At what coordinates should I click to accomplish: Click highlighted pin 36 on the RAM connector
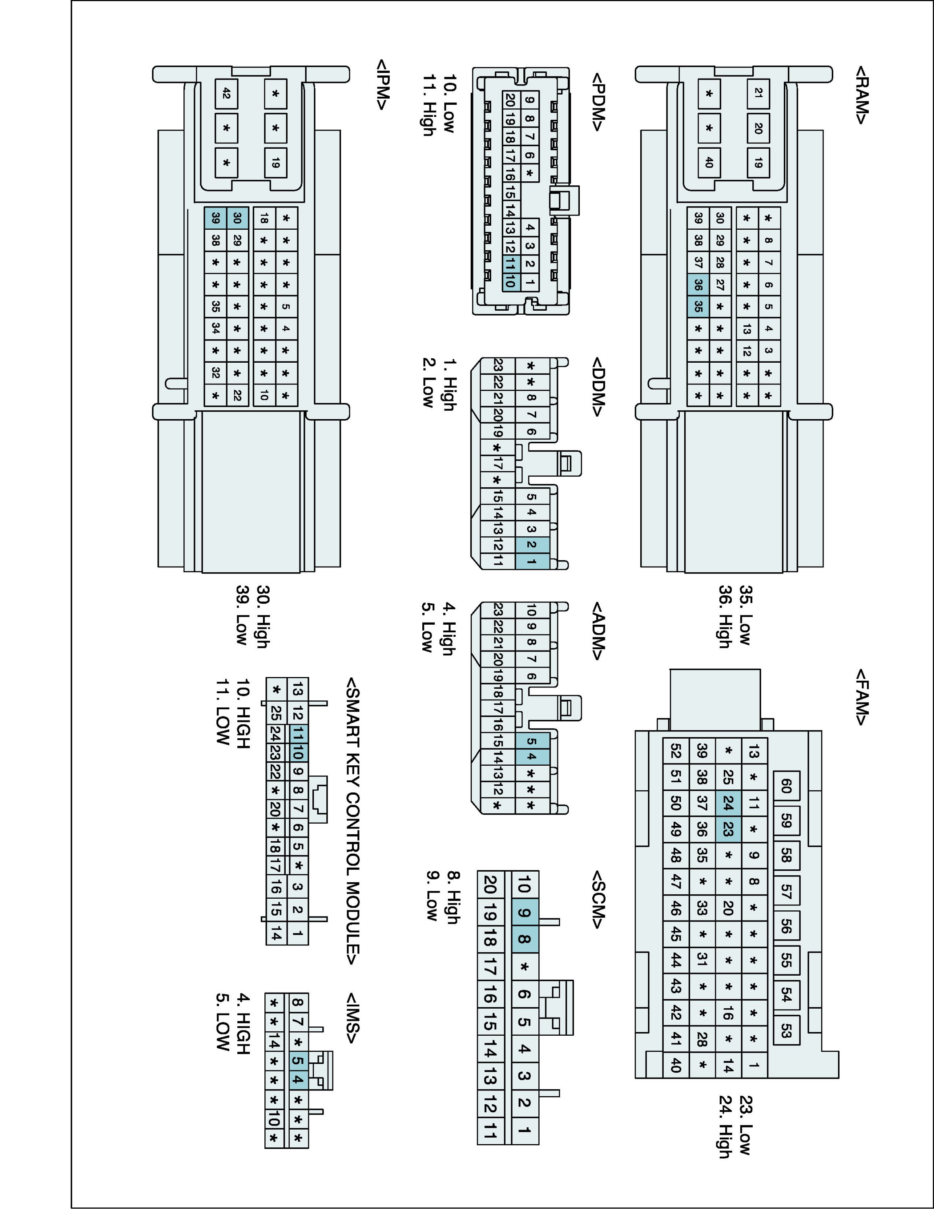698,285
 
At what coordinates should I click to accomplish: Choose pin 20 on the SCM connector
490,884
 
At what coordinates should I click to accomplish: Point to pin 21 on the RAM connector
758,93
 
